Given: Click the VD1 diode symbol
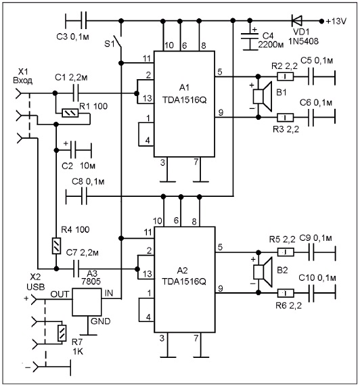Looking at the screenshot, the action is coord(297,21).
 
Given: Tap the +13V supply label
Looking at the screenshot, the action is coord(336,21).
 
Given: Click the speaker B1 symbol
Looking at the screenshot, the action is coord(263,96).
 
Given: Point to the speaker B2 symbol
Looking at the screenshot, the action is coord(263,272).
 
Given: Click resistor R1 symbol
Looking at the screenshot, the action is coord(70,113).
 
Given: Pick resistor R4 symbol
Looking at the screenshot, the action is coord(57,246).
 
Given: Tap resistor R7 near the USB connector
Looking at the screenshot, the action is coord(62,333).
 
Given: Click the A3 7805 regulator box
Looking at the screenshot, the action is coord(87,302).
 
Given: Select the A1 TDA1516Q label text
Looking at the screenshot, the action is coord(184,94).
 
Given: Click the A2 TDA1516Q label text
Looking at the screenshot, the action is coord(184,276).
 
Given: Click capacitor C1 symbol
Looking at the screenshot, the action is coord(76,93).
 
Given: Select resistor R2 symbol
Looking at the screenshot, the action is coord(285,76).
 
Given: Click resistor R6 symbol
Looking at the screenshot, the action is coord(286,293).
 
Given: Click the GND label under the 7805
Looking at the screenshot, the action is coord(100,321).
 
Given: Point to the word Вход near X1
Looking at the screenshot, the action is coord(22,81).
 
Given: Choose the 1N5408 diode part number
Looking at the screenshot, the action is coord(304,41).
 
